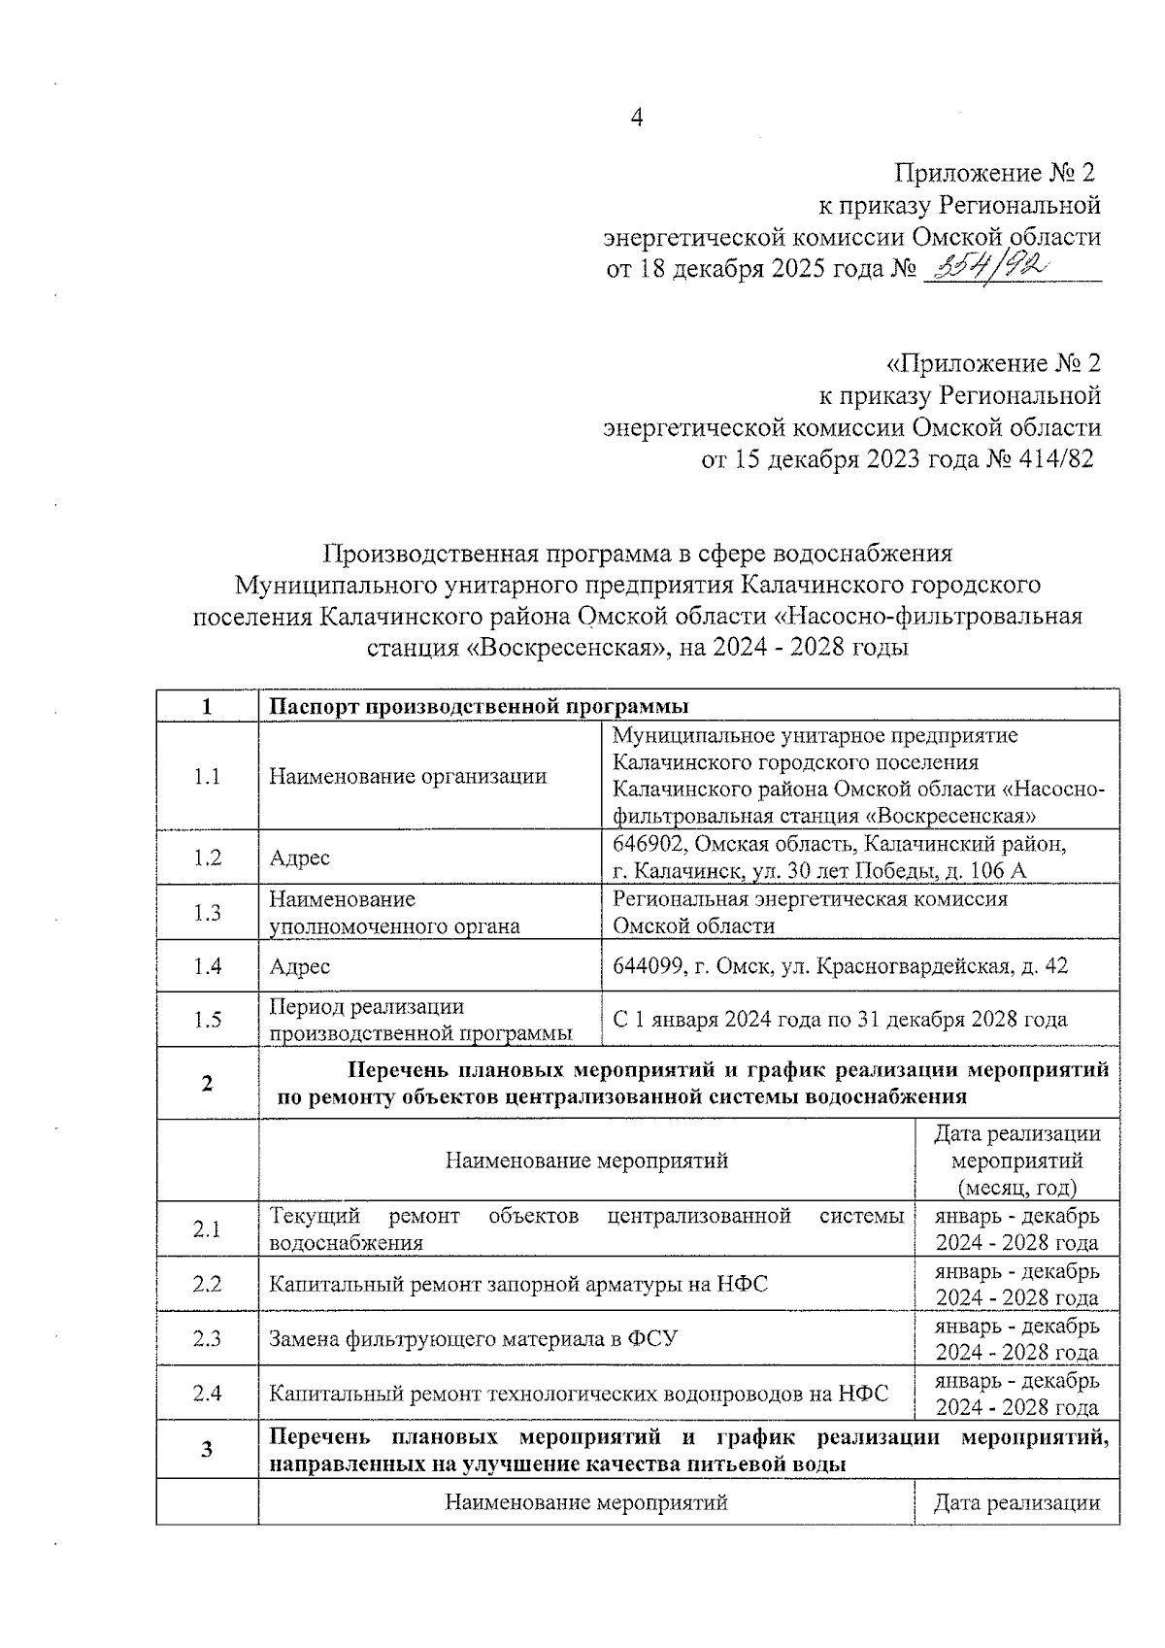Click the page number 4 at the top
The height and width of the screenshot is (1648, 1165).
click(637, 118)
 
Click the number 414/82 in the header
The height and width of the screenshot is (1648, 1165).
click(1054, 459)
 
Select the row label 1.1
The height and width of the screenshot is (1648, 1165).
click(207, 776)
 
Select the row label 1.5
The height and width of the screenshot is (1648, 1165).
click(207, 1020)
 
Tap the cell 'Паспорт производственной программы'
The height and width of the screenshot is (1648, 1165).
click(479, 706)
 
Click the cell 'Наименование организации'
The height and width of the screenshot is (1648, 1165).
click(408, 776)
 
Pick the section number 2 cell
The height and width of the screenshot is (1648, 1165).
click(207, 1084)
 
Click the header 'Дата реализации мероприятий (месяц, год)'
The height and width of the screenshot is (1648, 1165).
click(1016, 1160)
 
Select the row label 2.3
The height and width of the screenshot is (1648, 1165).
click(207, 1339)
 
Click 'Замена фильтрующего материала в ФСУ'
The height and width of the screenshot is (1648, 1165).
click(473, 1339)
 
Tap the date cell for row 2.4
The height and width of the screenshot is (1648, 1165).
click(1016, 1394)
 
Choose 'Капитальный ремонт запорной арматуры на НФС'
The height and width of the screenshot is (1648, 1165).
click(518, 1285)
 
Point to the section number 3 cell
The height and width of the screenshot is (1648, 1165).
click(207, 1451)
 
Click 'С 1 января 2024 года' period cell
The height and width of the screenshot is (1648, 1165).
click(840, 1020)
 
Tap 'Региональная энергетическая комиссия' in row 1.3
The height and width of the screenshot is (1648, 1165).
click(810, 899)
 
